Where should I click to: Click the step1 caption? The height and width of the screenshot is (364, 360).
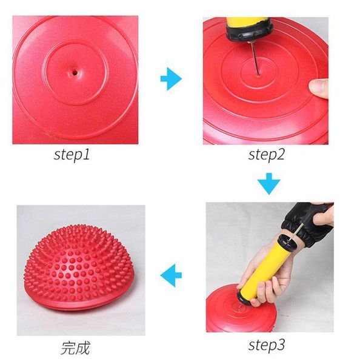click(72, 155)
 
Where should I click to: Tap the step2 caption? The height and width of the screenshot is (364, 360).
click(266, 155)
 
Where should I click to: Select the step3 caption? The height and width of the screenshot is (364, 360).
click(266, 345)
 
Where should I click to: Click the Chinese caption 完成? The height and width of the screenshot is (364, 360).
click(75, 348)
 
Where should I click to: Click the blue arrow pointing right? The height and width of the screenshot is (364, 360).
click(171, 79)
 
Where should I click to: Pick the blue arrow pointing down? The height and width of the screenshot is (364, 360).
click(269, 184)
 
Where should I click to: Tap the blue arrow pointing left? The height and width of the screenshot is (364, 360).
click(171, 275)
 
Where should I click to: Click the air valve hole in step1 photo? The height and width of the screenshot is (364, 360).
click(75, 73)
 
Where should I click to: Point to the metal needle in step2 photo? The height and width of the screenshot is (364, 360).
click(255, 59)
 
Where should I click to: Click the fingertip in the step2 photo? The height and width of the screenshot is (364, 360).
click(319, 89)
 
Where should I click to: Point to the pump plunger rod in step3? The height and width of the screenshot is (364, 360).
click(296, 232)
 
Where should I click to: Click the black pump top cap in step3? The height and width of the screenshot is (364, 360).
click(287, 243)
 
